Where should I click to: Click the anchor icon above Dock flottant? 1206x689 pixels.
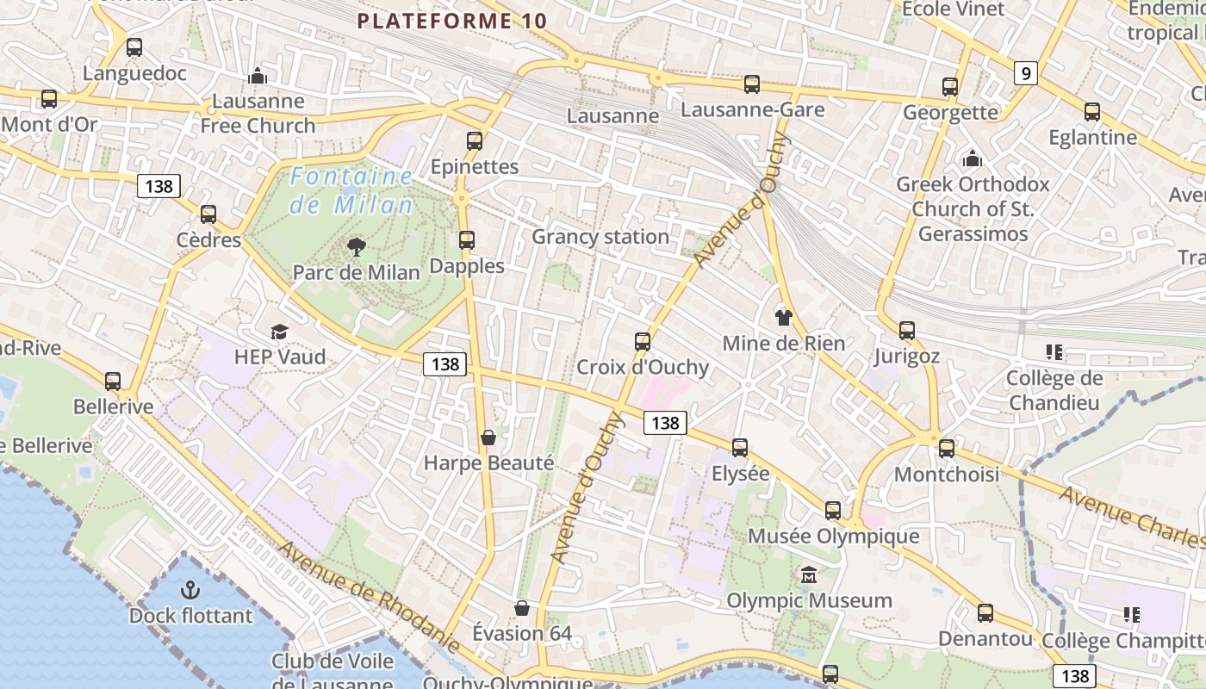coord(190,590)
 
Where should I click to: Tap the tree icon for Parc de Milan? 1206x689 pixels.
coord(356,248)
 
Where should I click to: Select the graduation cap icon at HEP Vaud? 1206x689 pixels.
coord(279,332)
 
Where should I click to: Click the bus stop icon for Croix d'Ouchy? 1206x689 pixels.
coord(643,341)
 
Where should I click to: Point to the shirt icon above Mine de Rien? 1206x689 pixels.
coord(782,317)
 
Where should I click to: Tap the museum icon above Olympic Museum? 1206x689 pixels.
coord(809,574)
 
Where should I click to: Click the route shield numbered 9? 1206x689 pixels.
coord(1024,73)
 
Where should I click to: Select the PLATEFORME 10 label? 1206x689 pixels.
coord(452,21)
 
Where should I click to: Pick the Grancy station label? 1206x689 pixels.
coord(600,237)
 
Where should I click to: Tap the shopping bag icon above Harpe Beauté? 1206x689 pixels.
coord(488,438)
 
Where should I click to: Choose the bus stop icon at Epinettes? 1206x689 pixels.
coord(475,140)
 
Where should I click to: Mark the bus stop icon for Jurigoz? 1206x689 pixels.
coord(906,330)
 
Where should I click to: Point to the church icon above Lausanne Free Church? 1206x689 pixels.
coord(258,76)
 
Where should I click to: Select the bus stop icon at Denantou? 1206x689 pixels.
coord(985,613)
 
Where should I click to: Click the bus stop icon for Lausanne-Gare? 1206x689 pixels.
coord(752,84)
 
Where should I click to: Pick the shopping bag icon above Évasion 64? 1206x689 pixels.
coord(522,608)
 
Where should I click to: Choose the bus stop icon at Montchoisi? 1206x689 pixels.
coord(947,448)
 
